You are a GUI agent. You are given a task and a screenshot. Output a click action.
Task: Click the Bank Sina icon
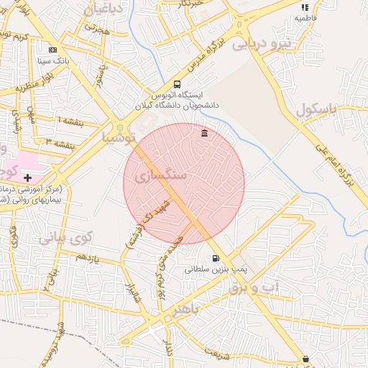pos(52,50)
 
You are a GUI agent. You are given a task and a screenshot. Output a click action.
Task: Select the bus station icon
pos(178,84)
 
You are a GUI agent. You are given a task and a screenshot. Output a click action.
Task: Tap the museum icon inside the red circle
pos(206,134)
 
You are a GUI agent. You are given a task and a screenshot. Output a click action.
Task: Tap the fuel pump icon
pos(216,259)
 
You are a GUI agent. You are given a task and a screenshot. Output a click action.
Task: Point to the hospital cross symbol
pos(27,177)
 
